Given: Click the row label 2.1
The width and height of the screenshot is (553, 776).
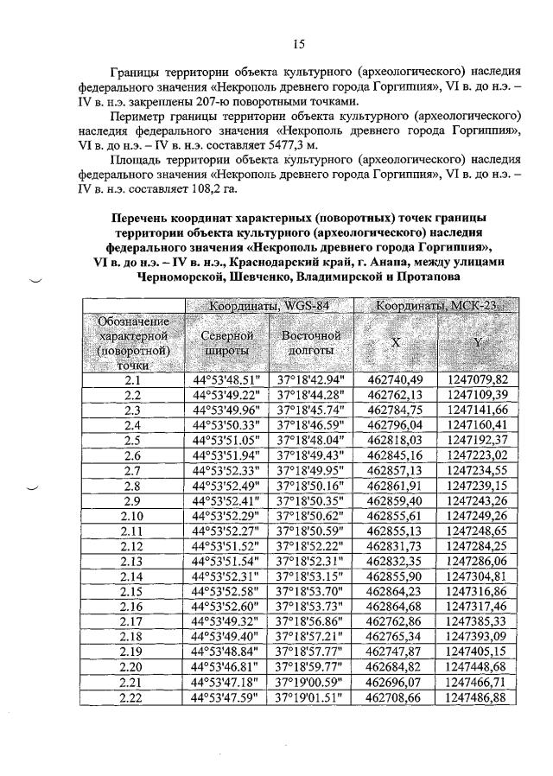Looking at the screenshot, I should coord(132,379).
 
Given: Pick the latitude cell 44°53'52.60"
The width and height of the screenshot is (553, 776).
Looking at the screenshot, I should coord(226,607).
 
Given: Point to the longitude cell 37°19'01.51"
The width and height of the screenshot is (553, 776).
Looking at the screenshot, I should coord(310,697).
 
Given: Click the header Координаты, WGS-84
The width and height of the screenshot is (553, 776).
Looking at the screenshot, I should coord(269,307).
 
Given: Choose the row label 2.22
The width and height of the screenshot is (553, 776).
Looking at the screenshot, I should coord(132,697).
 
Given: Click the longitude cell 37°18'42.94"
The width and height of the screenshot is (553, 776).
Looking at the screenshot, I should coord(310,379).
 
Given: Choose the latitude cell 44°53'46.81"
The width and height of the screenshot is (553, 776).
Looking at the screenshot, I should coord(226,667).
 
